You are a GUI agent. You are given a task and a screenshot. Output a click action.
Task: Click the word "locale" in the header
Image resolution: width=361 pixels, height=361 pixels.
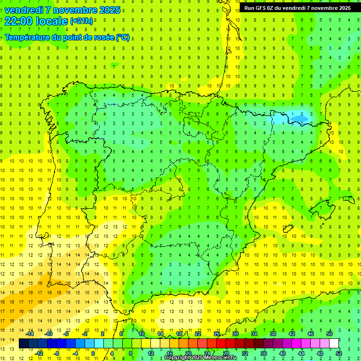(52, 21)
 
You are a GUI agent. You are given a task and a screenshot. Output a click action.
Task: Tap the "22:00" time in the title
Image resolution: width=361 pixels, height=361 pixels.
(19, 21)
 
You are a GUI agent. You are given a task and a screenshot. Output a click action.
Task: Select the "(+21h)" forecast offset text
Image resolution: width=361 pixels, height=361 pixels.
(81, 21)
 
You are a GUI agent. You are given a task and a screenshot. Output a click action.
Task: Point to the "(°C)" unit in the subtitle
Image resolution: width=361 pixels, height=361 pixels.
(122, 38)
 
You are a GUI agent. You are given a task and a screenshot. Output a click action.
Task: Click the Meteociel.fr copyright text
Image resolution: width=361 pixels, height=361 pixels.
(200, 358)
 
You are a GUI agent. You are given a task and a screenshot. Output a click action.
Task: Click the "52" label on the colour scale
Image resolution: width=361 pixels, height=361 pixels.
(339, 353)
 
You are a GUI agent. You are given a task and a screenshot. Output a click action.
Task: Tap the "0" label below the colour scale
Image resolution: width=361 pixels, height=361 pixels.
(93, 353)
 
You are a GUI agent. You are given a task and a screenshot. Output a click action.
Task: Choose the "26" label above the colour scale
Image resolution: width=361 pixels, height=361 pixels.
(217, 334)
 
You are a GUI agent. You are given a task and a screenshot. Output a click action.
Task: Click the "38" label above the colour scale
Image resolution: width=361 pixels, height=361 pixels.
(273, 334)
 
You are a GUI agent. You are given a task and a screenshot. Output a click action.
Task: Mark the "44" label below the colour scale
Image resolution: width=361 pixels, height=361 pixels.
(301, 353)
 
